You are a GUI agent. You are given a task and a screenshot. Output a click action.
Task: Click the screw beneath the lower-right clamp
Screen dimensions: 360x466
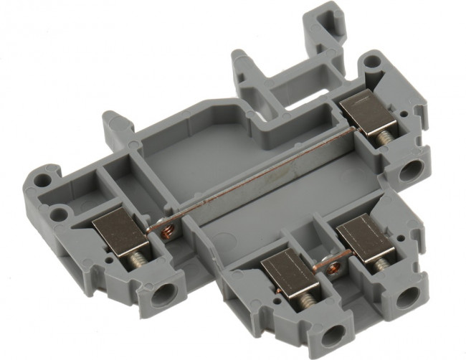[x=379, y=265]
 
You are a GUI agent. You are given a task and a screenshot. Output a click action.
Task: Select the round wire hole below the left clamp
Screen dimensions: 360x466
[x=164, y=292]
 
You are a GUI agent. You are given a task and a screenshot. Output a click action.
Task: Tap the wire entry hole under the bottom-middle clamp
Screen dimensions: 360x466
[x=332, y=334]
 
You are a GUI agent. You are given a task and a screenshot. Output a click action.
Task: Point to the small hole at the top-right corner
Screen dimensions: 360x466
[x=369, y=62]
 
